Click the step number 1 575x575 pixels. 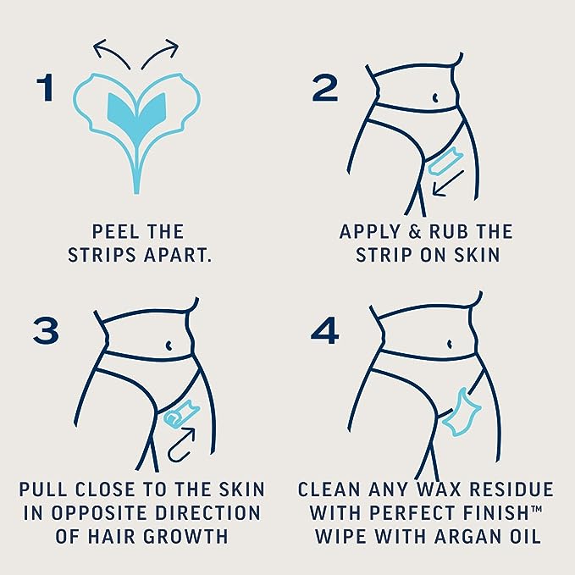(46, 88)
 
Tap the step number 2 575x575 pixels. (324, 88)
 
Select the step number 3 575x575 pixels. (46, 331)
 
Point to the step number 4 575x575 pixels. (324, 331)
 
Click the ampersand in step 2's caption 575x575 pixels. (415, 232)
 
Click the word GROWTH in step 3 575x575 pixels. (185, 537)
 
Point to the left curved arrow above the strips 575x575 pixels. (111, 53)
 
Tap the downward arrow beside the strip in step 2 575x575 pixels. (448, 183)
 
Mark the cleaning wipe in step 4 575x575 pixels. (461, 413)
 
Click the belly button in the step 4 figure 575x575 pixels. (450, 344)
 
